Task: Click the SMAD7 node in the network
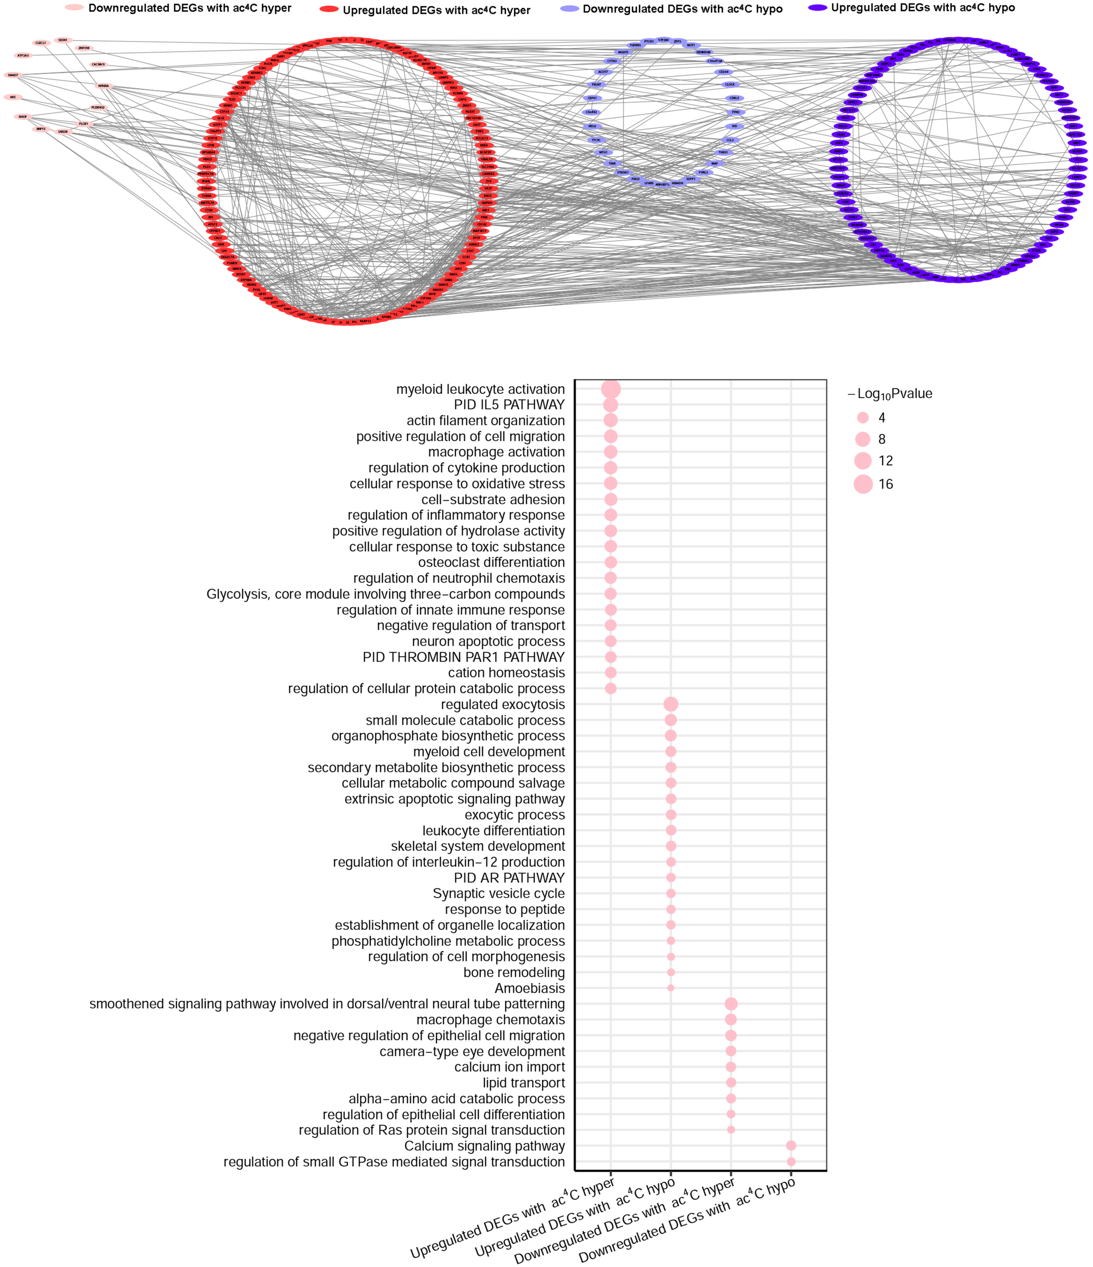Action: [13, 75]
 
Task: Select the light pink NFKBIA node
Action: [103, 86]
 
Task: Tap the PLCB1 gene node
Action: [84, 124]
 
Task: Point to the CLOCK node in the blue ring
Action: [729, 85]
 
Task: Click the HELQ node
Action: [592, 127]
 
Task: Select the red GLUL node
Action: [221, 118]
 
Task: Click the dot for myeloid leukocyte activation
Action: [611, 389]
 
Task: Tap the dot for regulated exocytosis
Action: [670, 704]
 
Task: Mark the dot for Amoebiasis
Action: [670, 988]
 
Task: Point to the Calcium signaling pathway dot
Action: [791, 1146]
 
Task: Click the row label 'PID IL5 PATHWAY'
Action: [509, 405]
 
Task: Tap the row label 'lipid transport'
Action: [523, 1083]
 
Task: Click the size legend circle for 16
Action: [863, 485]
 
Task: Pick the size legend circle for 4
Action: [863, 418]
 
